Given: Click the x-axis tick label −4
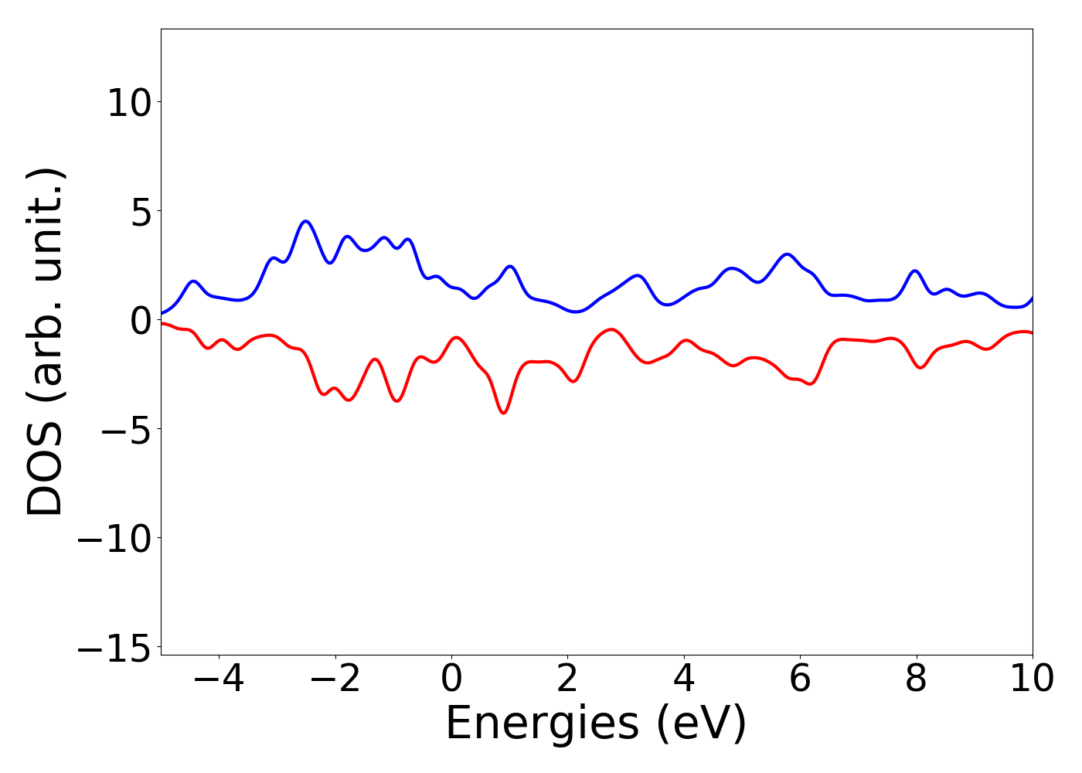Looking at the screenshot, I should (x=219, y=679).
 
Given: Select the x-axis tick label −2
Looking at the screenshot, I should (x=335, y=679).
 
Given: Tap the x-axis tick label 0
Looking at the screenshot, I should (x=451, y=679).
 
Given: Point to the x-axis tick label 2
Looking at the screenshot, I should (x=567, y=679).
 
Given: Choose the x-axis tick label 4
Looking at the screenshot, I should (x=684, y=679).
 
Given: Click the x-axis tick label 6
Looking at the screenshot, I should (x=800, y=679).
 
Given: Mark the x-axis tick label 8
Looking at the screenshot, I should (x=916, y=679).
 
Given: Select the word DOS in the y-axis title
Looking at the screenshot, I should (x=45, y=471).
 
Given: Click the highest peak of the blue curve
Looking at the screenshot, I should (x=306, y=221).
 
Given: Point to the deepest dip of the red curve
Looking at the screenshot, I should (x=503, y=413).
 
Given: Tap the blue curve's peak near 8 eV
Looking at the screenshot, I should (x=915, y=271).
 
